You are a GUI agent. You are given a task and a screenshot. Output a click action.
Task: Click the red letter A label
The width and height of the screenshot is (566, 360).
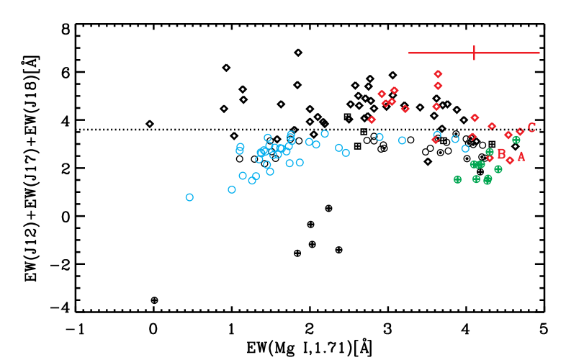tap(521, 156)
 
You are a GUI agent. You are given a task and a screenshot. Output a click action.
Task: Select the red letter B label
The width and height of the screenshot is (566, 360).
tap(501, 154)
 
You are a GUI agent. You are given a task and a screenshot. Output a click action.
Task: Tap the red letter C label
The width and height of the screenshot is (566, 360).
tap(531, 127)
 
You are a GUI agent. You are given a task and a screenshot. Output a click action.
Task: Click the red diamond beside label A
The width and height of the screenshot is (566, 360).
tap(510, 161)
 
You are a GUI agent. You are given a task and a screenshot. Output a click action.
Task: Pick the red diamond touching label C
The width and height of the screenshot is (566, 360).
tap(520, 132)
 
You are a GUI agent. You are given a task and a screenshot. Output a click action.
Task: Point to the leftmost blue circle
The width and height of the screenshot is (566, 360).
tap(189, 197)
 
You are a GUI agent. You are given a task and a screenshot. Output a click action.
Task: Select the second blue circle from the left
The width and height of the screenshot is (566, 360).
tap(232, 189)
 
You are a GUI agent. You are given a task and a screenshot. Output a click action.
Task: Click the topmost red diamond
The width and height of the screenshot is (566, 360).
tap(438, 74)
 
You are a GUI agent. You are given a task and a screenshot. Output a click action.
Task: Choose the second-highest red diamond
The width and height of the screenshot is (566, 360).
tap(438, 86)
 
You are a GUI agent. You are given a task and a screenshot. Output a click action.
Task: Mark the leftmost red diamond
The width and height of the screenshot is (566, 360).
tap(372, 120)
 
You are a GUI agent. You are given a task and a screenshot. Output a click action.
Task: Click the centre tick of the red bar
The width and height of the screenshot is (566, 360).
tap(474, 53)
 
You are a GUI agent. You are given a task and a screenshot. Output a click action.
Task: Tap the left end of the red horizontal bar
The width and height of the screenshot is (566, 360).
tap(409, 53)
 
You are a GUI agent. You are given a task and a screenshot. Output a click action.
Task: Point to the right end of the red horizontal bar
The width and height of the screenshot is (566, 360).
tap(539, 53)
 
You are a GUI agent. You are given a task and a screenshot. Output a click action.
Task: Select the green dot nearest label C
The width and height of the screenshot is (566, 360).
tap(516, 140)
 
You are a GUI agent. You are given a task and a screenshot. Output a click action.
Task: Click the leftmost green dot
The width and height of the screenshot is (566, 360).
tap(457, 179)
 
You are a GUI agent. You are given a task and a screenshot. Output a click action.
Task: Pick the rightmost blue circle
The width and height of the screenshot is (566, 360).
tap(465, 148)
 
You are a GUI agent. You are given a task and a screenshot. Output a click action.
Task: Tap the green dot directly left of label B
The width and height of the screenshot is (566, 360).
tap(490, 152)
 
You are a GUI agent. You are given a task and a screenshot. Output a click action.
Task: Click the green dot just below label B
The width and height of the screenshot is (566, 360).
tap(498, 169)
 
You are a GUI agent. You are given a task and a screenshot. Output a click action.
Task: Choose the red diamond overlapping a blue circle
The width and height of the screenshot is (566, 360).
tap(436, 139)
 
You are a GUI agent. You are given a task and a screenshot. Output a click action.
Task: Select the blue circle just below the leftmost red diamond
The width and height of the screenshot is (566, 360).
tap(379, 137)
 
